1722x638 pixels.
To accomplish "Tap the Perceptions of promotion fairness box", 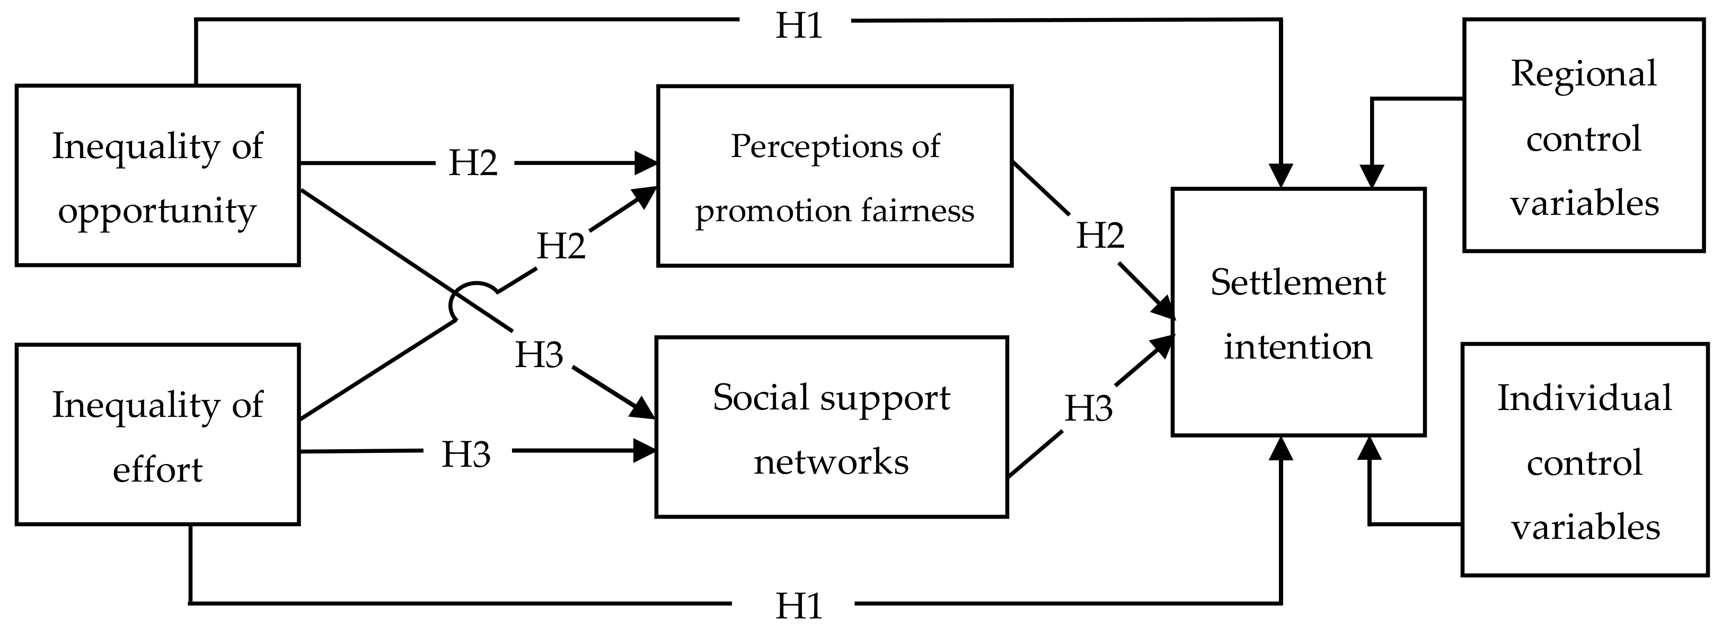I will coord(834,176).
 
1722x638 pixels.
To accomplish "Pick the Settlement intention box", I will coord(1297,312).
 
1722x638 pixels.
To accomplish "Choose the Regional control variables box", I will coord(1584,136).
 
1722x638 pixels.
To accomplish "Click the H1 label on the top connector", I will coord(799,27).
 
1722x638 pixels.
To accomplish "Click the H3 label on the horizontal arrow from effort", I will coord(466,455).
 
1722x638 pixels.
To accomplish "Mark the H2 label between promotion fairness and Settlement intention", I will coord(1100,235).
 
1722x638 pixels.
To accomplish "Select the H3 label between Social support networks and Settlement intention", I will coord(1088,408).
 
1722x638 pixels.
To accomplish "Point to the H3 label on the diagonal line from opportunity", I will coord(539,354).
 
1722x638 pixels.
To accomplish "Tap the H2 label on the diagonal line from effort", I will coord(561,246).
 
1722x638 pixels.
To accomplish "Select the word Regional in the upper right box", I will coord(1584,74).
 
